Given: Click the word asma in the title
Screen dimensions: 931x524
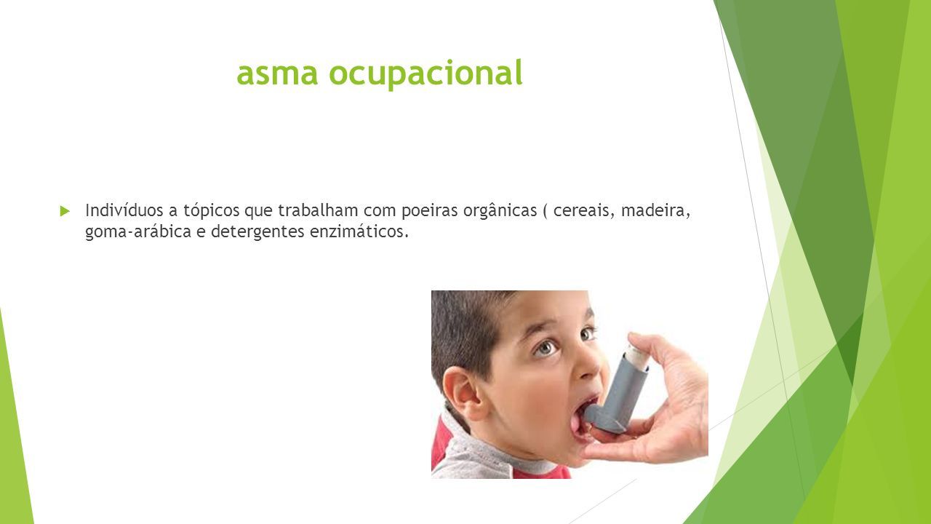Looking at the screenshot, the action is click(x=277, y=74).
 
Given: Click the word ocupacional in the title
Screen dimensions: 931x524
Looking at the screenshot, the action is click(x=425, y=74).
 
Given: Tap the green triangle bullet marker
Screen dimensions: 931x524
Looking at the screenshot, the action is click(x=65, y=211).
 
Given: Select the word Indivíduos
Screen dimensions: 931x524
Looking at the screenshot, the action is click(x=124, y=210).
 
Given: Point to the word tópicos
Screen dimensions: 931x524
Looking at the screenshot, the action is click(x=211, y=211).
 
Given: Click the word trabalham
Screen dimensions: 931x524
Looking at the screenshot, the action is click(x=318, y=210).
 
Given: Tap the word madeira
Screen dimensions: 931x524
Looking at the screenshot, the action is click(x=656, y=211).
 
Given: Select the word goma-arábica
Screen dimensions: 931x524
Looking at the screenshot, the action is click(x=138, y=232).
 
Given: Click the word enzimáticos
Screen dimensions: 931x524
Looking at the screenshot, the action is click(x=359, y=231).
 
